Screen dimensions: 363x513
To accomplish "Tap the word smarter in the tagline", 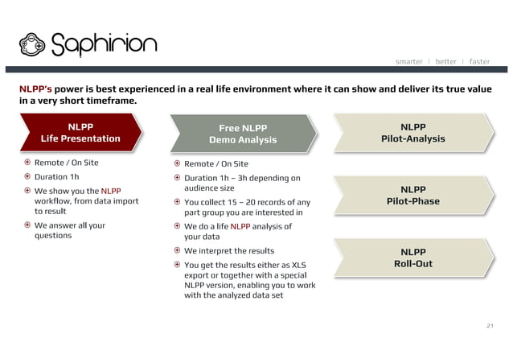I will [408, 61].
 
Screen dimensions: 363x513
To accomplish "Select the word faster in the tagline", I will [479, 61].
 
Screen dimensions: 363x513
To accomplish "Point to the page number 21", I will [488, 325].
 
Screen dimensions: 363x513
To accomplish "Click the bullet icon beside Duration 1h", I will [26, 176].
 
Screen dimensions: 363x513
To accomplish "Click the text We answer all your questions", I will [69, 231].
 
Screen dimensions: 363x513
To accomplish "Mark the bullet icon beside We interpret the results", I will [177, 250].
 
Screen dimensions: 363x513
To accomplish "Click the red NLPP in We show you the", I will [111, 190].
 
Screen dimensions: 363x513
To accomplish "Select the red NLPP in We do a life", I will [240, 226].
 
